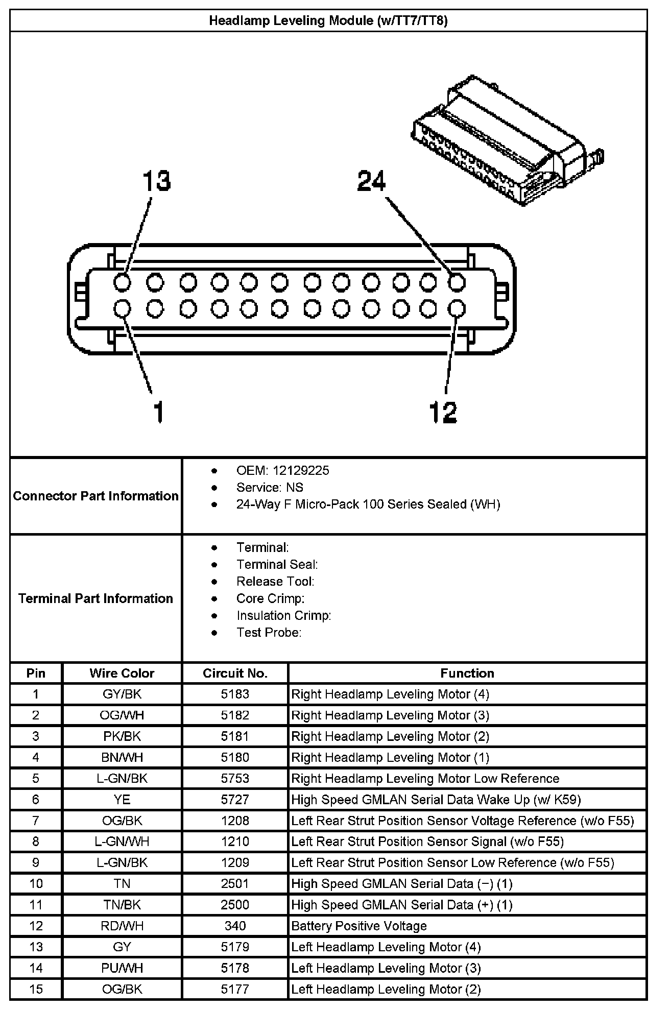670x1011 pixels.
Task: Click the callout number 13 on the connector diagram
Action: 156,181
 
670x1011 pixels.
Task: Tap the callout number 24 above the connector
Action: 371,181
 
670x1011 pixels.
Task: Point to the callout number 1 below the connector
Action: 159,412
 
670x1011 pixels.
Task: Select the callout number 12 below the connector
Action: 443,412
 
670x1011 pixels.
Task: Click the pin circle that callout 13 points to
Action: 122,282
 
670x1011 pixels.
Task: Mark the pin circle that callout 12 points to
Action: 457,308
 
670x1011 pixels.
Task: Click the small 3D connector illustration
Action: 508,140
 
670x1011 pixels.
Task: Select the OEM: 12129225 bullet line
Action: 282,470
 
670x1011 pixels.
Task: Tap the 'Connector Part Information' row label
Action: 95,496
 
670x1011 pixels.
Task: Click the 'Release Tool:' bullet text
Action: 275,581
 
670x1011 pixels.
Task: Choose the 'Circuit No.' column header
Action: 235,673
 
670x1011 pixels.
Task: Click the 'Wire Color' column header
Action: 122,673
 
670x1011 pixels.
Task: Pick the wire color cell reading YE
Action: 122,799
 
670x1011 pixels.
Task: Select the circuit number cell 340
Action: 235,926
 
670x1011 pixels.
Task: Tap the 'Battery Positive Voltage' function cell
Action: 358,926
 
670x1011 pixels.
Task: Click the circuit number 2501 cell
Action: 235,883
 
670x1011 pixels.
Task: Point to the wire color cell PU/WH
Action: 122,968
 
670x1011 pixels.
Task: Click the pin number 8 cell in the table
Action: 36,841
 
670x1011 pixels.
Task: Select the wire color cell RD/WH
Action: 122,926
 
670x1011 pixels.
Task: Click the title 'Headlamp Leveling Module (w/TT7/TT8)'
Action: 328,21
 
